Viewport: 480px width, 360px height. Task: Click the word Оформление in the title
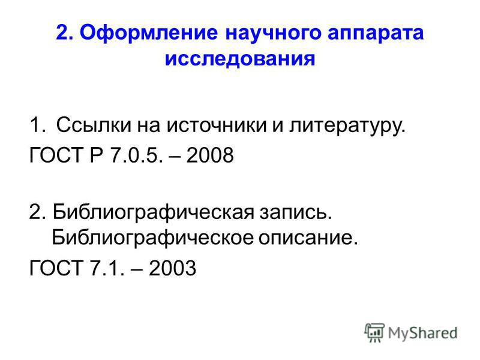click(x=149, y=32)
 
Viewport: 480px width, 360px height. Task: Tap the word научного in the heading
click(x=273, y=33)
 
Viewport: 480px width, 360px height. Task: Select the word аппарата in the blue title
click(x=376, y=33)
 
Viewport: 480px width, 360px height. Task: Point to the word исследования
click(x=240, y=58)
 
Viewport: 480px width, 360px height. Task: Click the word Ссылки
click(x=94, y=125)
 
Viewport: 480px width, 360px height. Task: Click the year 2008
click(x=210, y=155)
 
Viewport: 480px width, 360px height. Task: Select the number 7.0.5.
click(x=136, y=155)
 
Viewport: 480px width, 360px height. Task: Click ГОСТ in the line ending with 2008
click(x=56, y=155)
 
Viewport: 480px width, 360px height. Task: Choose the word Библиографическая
click(x=154, y=213)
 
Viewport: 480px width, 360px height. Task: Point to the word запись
click(x=296, y=213)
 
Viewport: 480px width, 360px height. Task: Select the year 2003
click(x=172, y=268)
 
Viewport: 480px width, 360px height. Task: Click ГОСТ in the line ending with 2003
click(x=56, y=268)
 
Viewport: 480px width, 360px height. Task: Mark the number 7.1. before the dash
click(x=107, y=268)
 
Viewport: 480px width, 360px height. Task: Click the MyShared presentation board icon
click(x=374, y=332)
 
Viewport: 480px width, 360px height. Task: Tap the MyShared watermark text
click(x=422, y=333)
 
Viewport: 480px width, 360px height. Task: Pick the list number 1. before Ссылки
click(x=38, y=125)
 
